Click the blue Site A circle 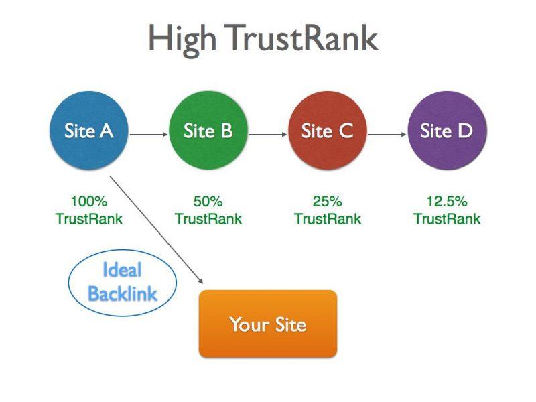click(x=89, y=130)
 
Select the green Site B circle click(x=208, y=130)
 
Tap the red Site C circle click(x=328, y=130)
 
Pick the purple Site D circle click(x=447, y=130)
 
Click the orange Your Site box click(x=268, y=324)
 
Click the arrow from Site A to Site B click(x=149, y=135)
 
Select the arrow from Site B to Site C click(x=268, y=135)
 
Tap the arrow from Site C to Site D click(x=387, y=135)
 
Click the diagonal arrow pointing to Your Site click(x=157, y=230)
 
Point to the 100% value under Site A click(x=89, y=201)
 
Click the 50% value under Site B click(x=208, y=201)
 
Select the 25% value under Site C click(x=327, y=201)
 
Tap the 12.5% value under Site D click(x=447, y=201)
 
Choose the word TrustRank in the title click(x=301, y=38)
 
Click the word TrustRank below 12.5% click(x=447, y=219)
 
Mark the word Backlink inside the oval click(x=123, y=293)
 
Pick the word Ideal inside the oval click(x=122, y=270)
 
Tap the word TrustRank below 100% click(x=89, y=219)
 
